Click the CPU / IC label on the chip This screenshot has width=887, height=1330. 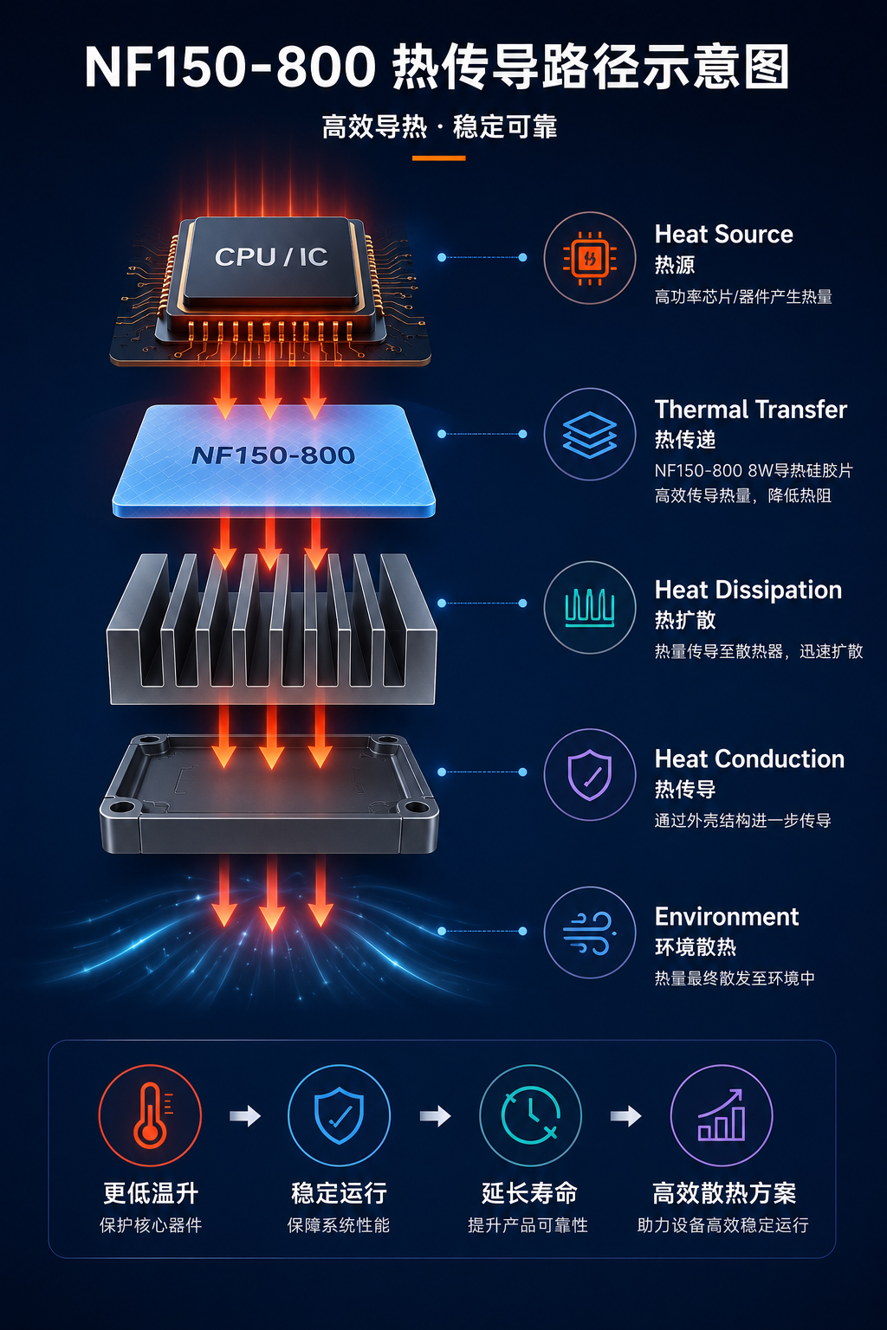click(271, 257)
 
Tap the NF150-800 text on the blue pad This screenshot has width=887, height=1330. click(273, 455)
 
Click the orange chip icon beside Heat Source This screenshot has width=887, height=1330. click(589, 258)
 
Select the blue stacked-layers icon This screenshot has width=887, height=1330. click(589, 435)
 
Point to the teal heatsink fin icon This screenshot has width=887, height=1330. click(589, 607)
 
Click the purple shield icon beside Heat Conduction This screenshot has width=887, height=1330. click(589, 775)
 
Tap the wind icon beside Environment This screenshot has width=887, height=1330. click(589, 933)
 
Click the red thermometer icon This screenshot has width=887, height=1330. click(151, 1115)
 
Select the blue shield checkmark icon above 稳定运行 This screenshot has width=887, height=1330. click(339, 1115)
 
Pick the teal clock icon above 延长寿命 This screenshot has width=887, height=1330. click(530, 1115)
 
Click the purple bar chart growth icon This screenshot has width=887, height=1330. click(722, 1115)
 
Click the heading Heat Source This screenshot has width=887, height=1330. click(723, 235)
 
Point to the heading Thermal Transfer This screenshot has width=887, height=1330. click(750, 410)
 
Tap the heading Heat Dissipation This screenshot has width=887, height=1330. click(748, 591)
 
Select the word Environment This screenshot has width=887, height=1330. click(727, 917)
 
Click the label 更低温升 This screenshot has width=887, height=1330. click(151, 1193)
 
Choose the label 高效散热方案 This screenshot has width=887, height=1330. click(723, 1193)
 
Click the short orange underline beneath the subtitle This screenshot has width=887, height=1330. click(438, 158)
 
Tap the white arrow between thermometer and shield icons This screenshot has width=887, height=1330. click(245, 1116)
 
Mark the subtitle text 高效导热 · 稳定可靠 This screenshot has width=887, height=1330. click(440, 127)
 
